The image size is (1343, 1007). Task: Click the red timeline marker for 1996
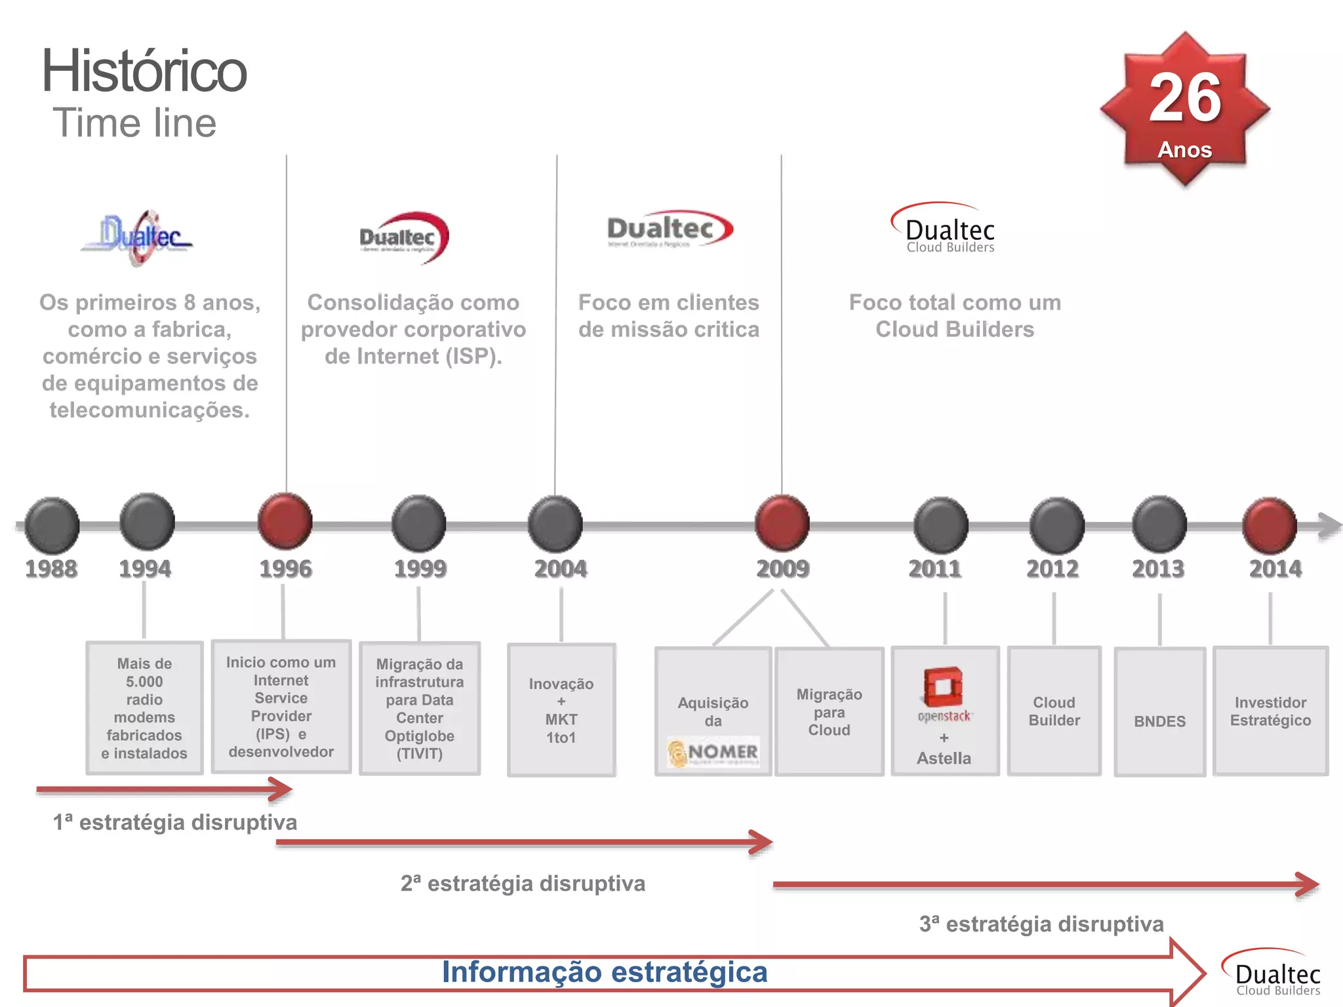(285, 522)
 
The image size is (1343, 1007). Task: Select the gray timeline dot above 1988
(52, 524)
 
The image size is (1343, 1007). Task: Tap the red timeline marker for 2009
(782, 523)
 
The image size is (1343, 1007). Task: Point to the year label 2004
(561, 568)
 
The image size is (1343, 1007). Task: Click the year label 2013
(1158, 568)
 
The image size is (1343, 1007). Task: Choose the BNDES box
(1159, 712)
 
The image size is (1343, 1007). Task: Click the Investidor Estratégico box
(1270, 711)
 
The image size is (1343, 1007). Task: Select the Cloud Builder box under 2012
(1054, 711)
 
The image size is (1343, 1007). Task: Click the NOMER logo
(713, 752)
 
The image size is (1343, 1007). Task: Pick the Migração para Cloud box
(829, 712)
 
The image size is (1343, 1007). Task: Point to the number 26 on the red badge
(1185, 98)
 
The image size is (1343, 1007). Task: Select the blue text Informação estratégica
(604, 972)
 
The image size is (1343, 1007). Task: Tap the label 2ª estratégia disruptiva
(523, 883)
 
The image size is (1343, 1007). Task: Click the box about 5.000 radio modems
(144, 708)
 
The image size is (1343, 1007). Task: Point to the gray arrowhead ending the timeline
(1329, 525)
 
